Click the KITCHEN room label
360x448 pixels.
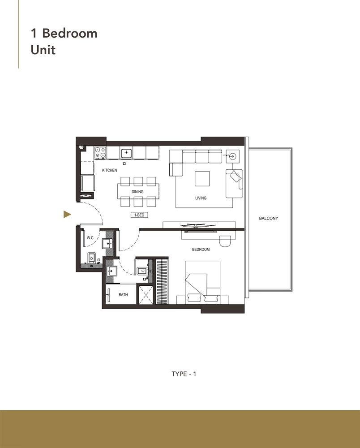click(109, 171)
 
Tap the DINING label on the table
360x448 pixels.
click(137, 192)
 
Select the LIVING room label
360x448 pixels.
click(201, 198)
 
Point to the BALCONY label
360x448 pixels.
click(269, 219)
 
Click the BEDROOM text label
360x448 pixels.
click(201, 250)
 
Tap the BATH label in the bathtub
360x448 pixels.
click(123, 295)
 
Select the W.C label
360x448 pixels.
click(90, 238)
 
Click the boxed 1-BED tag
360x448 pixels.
click(139, 215)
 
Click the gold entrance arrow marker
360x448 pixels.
click(67, 215)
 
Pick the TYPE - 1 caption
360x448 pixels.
click(184, 374)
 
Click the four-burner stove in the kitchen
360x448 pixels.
click(100, 153)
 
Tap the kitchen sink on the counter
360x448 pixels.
click(126, 153)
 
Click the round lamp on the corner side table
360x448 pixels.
click(232, 156)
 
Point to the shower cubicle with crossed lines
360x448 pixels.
click(146, 295)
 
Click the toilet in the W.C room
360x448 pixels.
click(91, 258)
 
